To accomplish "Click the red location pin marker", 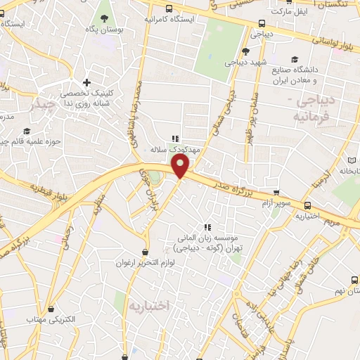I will pos(181,166).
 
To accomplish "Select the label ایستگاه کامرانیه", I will pos(167,20).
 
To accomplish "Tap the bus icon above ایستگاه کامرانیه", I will pos(169,8).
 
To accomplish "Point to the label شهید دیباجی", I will pos(239,62).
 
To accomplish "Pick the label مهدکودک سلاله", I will pos(176,150).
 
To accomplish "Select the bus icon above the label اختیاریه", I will pos(308,205).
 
